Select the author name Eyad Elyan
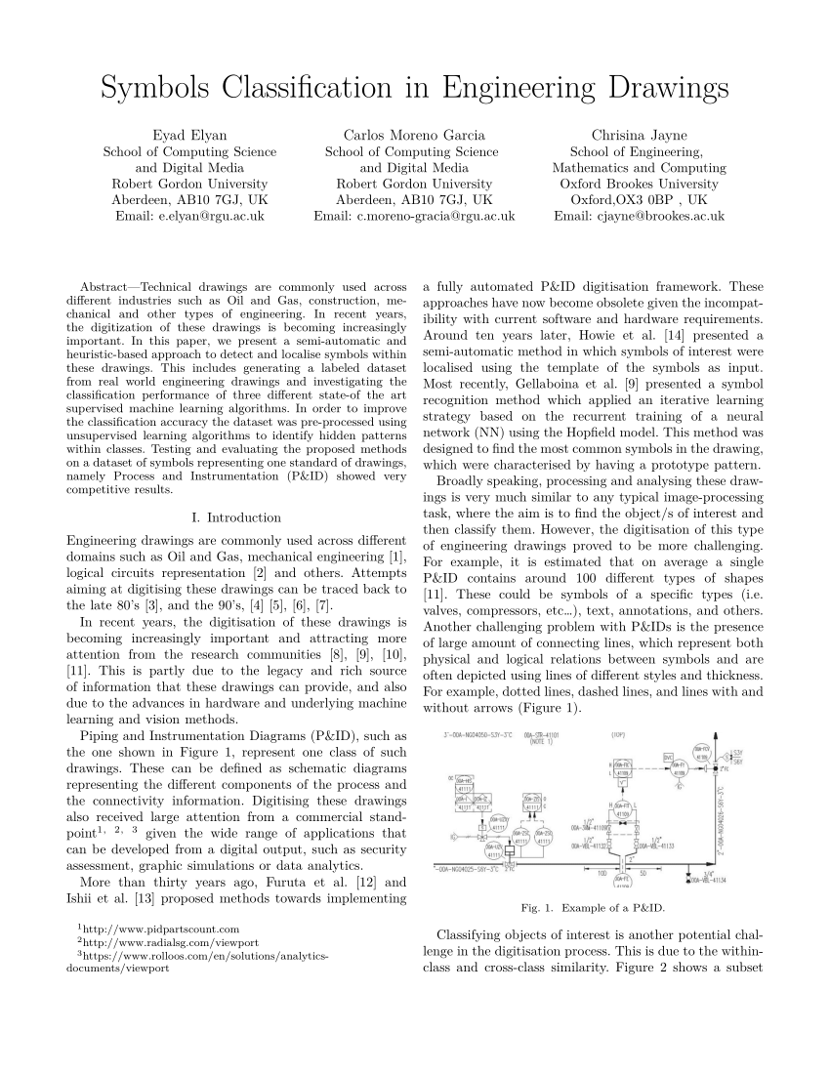tap(189, 135)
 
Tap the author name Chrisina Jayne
tap(639, 135)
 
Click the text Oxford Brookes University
tap(639, 184)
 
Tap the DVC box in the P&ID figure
tap(669, 757)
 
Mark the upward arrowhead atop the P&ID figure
tap(716, 739)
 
